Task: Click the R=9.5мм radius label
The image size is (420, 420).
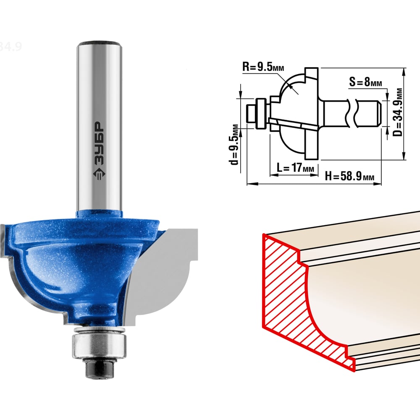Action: tap(263, 66)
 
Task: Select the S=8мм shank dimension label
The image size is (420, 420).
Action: tap(365, 82)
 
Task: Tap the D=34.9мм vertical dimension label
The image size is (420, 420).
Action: tap(398, 112)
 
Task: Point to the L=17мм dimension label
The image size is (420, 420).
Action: tap(295, 168)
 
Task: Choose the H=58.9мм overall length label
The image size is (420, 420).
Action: tap(349, 176)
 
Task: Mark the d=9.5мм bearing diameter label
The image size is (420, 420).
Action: tap(234, 144)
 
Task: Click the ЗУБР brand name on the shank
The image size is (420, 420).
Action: tap(99, 143)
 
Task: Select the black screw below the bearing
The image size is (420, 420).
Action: tap(99, 369)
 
